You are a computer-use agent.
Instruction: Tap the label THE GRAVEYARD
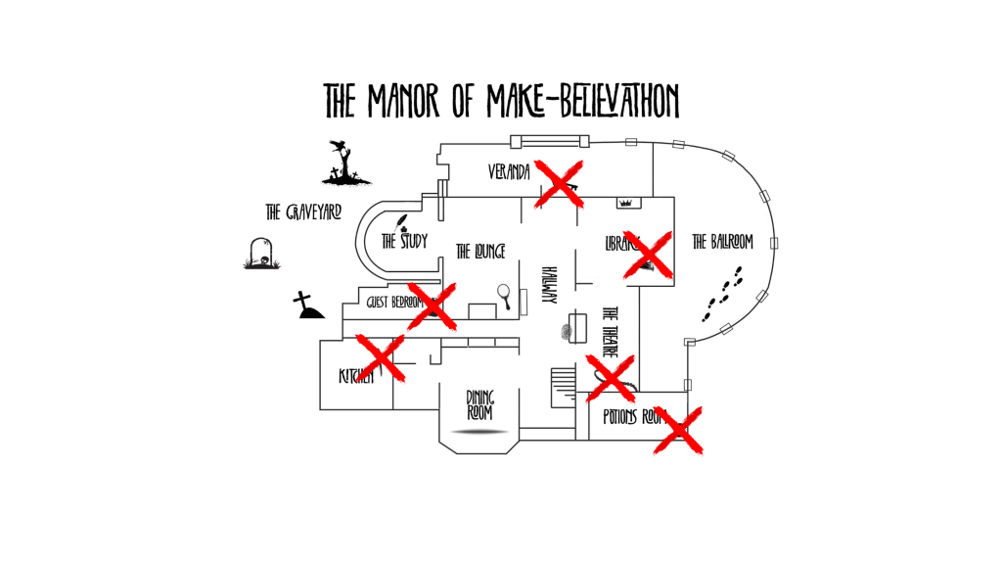click(303, 211)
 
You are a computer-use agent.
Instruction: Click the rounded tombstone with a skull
click(260, 254)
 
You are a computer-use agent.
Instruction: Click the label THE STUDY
click(404, 240)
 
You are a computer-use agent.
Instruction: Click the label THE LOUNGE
click(480, 252)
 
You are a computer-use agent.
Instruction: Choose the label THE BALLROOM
click(722, 242)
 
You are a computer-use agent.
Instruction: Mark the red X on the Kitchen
click(381, 356)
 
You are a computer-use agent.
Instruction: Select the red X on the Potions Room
click(678, 430)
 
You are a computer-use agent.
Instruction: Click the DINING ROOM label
click(479, 404)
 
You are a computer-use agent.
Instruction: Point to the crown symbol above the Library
click(626, 203)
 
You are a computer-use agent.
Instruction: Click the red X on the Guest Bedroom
click(432, 305)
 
